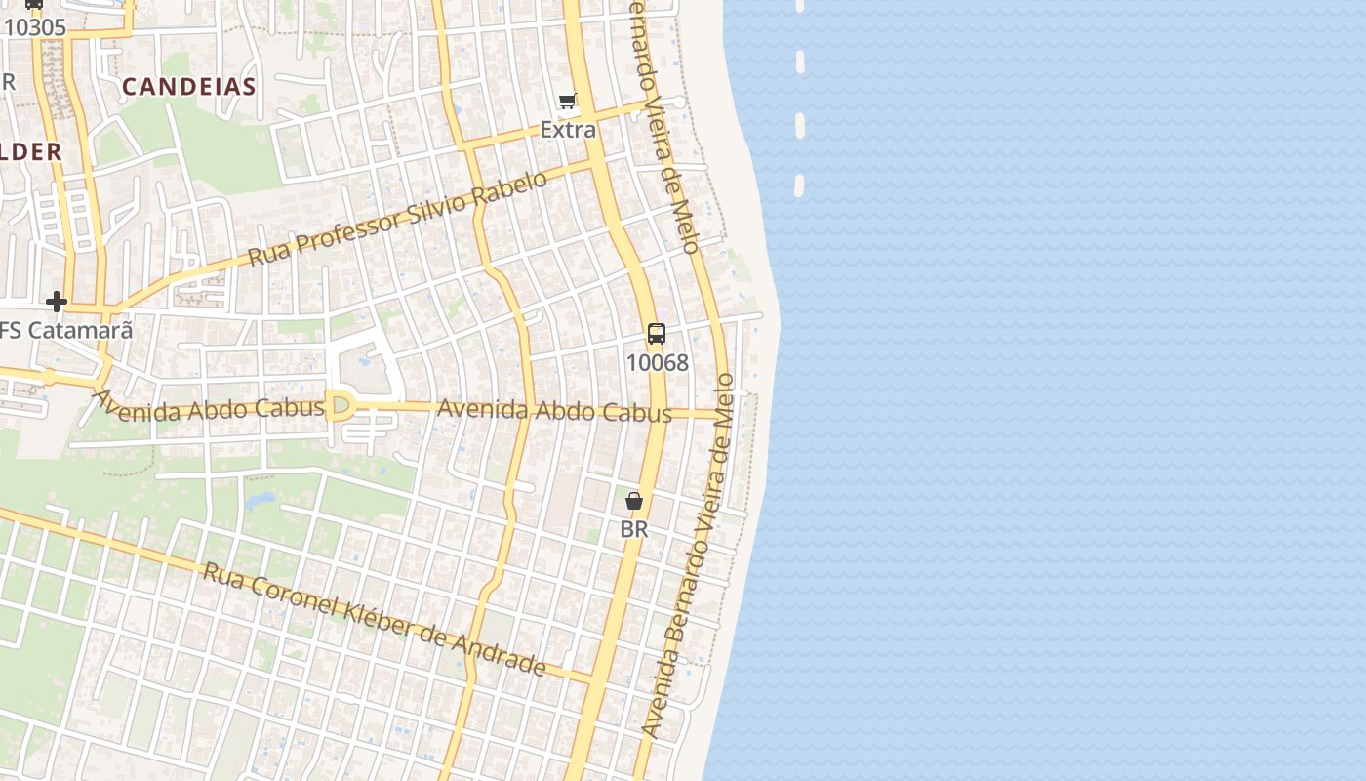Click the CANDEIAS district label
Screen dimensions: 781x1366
(x=189, y=86)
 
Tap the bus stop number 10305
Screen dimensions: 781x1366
(x=35, y=27)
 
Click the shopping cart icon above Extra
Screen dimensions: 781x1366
(x=568, y=101)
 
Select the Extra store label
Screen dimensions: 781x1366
(x=568, y=129)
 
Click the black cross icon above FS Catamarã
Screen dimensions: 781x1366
(x=57, y=302)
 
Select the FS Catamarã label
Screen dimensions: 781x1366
(x=66, y=330)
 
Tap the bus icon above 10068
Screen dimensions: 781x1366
(x=657, y=334)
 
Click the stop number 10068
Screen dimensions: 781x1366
(x=657, y=363)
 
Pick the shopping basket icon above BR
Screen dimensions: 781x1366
(x=634, y=501)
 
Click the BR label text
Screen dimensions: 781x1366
(x=634, y=529)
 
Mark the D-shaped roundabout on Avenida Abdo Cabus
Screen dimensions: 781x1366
(x=340, y=405)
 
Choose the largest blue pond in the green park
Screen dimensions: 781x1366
(x=261, y=501)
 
